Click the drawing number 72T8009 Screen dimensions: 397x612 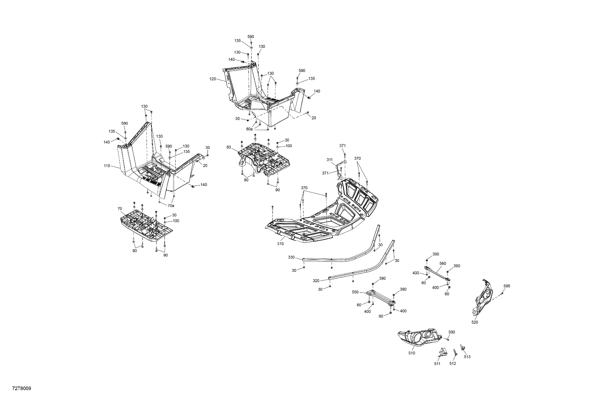pyautogui.click(x=22, y=389)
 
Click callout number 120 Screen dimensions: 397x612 pyautogui.click(x=213, y=79)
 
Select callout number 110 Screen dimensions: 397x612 pyautogui.click(x=107, y=166)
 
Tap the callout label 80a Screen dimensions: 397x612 pyautogui.click(x=249, y=129)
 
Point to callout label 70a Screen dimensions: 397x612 pyautogui.click(x=171, y=206)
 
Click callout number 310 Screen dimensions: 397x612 pyautogui.click(x=280, y=244)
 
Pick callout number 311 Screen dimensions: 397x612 pyautogui.click(x=330, y=160)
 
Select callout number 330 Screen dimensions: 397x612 pyautogui.click(x=291, y=257)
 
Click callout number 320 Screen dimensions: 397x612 pyautogui.click(x=316, y=281)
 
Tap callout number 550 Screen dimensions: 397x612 pyautogui.click(x=355, y=292)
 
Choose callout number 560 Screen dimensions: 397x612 pyautogui.click(x=443, y=263)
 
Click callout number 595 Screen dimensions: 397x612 pyautogui.click(x=507, y=286)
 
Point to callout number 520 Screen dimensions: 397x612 pyautogui.click(x=475, y=322)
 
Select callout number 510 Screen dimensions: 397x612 pyautogui.click(x=412, y=353)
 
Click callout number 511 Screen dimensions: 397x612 pyautogui.click(x=437, y=364)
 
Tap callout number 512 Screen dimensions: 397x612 pyautogui.click(x=453, y=364)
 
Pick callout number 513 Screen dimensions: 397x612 pyautogui.click(x=467, y=357)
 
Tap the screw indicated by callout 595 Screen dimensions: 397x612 pyautogui.click(x=502, y=293)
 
